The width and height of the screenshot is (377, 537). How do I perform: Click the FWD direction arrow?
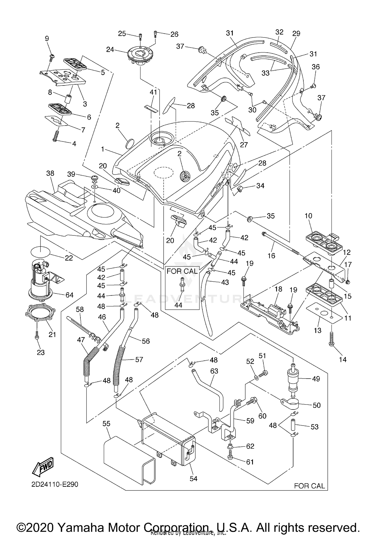(43, 467)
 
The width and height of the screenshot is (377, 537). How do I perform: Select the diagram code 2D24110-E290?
(55, 484)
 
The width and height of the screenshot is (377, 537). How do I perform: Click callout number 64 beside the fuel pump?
(69, 295)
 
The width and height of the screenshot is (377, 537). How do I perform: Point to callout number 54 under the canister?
(193, 479)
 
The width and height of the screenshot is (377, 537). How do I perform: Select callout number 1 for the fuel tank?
(103, 149)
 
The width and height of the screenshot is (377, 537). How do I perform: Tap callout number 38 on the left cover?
(50, 173)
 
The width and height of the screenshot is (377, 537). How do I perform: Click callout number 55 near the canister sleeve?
(106, 424)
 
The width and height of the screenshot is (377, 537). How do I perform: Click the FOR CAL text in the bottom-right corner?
(309, 486)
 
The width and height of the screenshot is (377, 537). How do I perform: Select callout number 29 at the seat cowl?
(296, 33)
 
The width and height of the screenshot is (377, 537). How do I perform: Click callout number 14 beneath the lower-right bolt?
(343, 360)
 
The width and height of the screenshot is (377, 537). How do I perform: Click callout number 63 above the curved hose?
(214, 371)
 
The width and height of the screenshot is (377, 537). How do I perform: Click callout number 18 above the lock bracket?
(278, 289)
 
